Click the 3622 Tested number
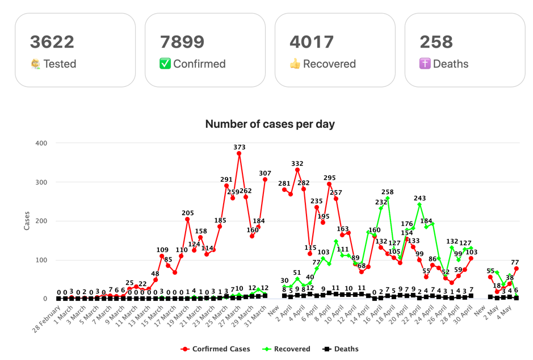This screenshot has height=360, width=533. (52, 42)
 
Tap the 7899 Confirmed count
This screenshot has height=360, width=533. (182, 42)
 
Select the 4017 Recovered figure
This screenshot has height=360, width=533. (312, 42)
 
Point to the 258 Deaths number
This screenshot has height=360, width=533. (436, 42)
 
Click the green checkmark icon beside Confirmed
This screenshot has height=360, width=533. (165, 64)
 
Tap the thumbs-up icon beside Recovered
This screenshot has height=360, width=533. (295, 64)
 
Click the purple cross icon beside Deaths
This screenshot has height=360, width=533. (425, 64)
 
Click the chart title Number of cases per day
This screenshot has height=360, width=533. (270, 124)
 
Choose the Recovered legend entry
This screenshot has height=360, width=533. (287, 349)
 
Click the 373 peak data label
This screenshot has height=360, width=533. (239, 147)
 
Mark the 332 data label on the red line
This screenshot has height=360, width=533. (297, 164)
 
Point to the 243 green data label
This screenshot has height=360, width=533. (419, 198)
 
